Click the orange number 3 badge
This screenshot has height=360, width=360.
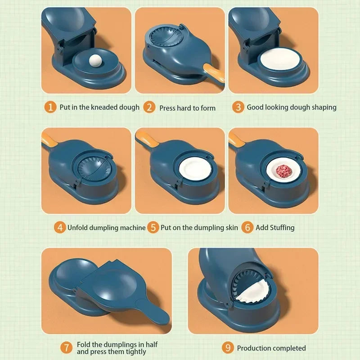click(238, 107)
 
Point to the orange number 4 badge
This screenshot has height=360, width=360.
click(59, 227)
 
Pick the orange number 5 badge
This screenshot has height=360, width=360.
click(153, 227)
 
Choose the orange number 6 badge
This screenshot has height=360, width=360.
click(247, 227)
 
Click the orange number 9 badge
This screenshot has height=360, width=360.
click(228, 348)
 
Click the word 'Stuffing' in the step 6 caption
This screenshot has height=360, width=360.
click(282, 228)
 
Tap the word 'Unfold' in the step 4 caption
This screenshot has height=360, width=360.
click(78, 228)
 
